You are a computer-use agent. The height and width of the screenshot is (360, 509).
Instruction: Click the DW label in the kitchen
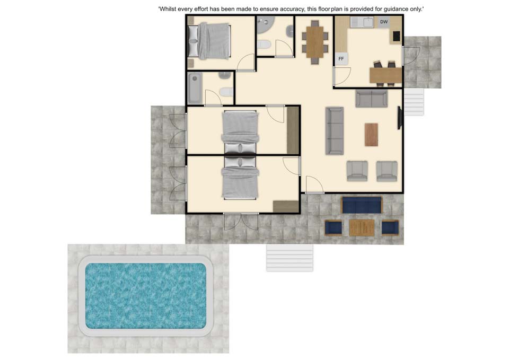(x=384, y=22)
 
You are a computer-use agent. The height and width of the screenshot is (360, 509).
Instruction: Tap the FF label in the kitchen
(x=341, y=59)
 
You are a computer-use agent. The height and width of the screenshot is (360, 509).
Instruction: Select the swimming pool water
(x=146, y=295)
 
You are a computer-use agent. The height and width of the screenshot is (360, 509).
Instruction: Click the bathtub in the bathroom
(x=195, y=89)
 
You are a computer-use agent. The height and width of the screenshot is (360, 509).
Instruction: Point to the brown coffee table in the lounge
(x=371, y=134)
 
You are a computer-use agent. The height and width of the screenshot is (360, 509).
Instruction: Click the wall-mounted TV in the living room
(x=400, y=118)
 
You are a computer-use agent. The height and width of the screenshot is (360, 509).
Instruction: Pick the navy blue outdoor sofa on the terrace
(x=362, y=205)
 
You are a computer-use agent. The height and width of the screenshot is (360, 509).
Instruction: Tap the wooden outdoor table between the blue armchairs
(x=362, y=227)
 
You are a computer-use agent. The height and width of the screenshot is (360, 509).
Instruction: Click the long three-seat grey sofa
(x=335, y=131)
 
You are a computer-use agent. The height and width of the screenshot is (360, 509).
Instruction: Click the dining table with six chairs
(x=314, y=42)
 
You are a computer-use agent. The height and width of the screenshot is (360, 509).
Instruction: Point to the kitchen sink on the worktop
(x=368, y=22)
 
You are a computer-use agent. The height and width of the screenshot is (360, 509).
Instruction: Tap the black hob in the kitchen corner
(x=397, y=36)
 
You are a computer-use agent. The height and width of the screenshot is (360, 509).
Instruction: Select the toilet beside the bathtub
(x=226, y=92)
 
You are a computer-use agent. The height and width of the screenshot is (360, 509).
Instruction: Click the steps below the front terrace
(x=289, y=258)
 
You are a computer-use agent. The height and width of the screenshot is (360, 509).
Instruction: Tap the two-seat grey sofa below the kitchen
(x=371, y=99)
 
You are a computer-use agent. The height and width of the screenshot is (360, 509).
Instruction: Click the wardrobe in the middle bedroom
(x=293, y=130)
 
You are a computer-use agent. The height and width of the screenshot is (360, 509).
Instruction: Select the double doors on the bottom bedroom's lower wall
(x=241, y=222)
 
